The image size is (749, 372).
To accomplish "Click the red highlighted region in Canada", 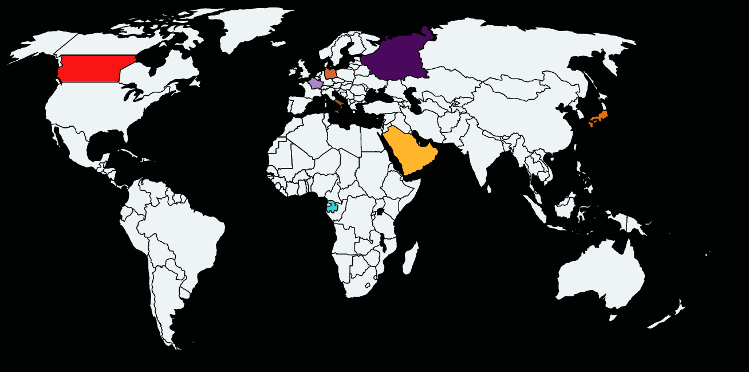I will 92,69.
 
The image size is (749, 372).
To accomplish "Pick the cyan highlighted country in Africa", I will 332,207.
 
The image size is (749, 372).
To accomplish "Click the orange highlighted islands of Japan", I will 599,118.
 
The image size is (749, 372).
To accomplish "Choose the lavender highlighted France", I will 315,84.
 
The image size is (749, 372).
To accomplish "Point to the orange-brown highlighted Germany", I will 330,73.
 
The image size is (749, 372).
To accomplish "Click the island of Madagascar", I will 410,258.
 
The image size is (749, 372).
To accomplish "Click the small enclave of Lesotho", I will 368,285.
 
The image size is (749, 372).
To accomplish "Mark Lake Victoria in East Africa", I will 380,212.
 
